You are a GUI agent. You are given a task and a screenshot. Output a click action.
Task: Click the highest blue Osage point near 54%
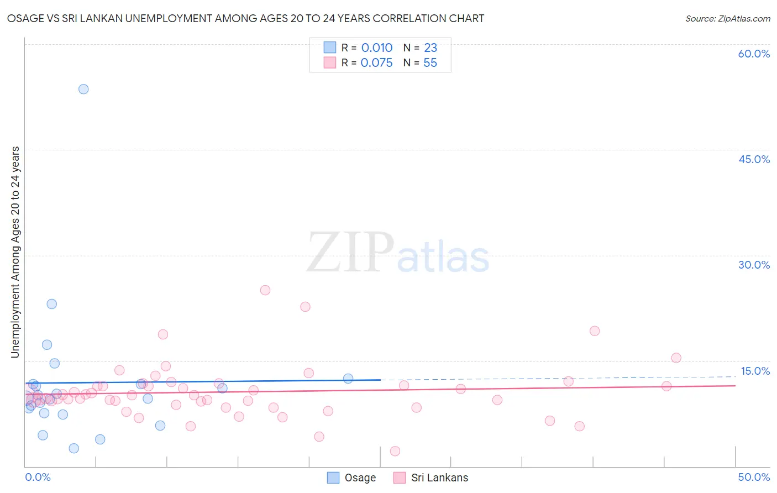click(83, 89)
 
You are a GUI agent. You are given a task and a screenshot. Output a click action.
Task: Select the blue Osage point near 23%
click(52, 304)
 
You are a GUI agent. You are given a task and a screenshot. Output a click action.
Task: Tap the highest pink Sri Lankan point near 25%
click(265, 290)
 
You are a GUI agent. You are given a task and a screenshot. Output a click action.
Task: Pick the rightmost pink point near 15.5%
click(676, 358)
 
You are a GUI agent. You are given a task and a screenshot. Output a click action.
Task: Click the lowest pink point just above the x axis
click(395, 451)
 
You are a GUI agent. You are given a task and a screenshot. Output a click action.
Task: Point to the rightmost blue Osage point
click(348, 379)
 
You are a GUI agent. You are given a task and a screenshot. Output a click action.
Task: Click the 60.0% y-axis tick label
click(754, 54)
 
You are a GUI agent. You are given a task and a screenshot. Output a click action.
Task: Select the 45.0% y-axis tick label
click(754, 159)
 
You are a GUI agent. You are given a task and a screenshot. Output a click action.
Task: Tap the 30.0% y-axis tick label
click(754, 265)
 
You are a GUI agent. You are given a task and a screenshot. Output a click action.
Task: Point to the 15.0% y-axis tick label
click(755, 371)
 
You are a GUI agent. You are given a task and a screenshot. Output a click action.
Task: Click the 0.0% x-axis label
click(38, 477)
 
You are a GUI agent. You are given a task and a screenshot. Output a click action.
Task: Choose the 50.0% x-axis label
click(754, 477)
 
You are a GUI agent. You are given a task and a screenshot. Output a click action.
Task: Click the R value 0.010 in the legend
click(377, 48)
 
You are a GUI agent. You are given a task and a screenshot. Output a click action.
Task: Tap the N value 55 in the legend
click(430, 63)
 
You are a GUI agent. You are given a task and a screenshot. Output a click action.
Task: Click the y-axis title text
click(15, 252)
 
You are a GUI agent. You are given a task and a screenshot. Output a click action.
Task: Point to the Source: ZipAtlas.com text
click(727, 19)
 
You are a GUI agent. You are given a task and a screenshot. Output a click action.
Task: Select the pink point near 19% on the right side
click(595, 331)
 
